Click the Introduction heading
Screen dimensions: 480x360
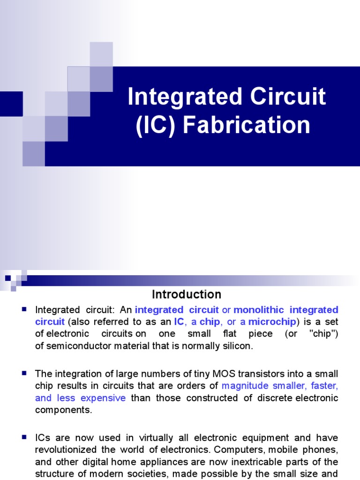186,294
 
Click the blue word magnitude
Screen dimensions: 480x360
244,386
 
